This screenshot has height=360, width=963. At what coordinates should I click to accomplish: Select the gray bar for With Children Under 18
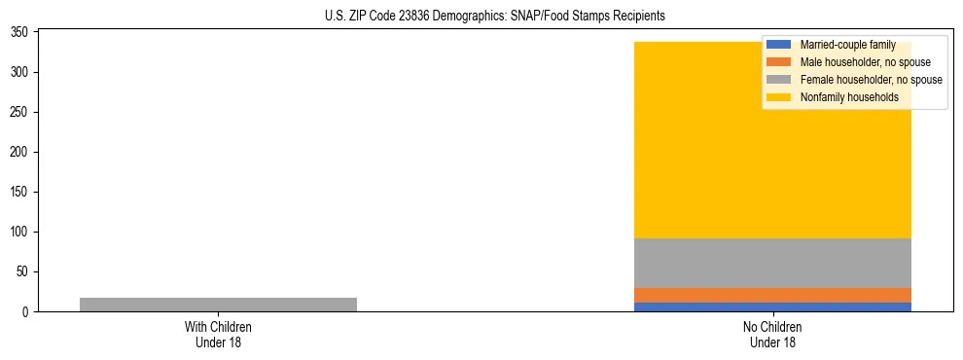(218, 305)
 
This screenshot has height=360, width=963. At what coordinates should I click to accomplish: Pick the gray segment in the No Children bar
(772, 263)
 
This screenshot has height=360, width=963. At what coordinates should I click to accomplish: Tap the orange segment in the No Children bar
(772, 295)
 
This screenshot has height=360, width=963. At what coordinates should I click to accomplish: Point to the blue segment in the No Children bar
(772, 306)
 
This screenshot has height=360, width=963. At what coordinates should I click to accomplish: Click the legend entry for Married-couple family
(846, 45)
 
